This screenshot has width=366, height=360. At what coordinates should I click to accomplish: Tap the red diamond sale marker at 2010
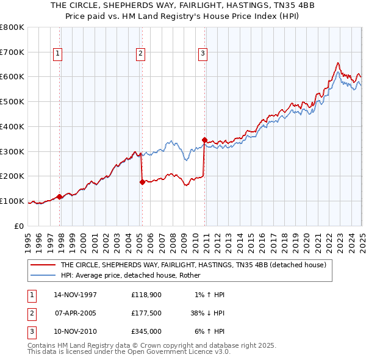[204, 140]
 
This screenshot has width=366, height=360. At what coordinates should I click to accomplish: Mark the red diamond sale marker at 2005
[142, 181]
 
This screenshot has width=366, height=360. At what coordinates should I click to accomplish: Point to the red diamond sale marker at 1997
[60, 196]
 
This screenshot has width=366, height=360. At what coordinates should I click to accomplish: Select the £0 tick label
[20, 226]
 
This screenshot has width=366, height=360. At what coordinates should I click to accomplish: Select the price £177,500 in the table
[146, 314]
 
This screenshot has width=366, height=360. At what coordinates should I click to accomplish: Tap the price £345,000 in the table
[146, 333]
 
